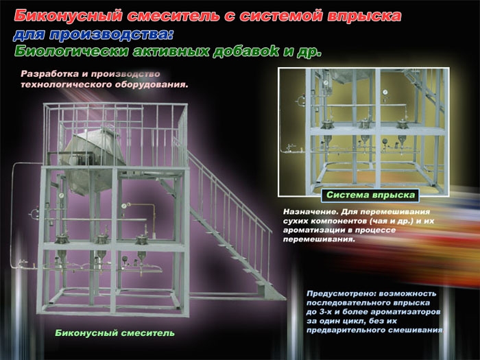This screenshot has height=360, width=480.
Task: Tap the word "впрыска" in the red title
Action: (364, 16)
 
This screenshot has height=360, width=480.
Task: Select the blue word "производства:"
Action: (111, 34)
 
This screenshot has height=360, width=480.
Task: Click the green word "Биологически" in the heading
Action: (71, 51)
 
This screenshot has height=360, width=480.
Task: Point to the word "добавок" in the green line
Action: (245, 51)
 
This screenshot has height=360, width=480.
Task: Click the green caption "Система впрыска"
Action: (370, 195)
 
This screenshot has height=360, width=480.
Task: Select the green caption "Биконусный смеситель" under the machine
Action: (115, 333)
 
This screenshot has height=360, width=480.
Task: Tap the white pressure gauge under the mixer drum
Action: (61, 195)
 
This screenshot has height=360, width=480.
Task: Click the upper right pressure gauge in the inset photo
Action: (385, 91)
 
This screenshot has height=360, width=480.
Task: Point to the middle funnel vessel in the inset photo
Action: (364, 139)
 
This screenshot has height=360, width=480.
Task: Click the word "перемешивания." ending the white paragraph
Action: (319, 239)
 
